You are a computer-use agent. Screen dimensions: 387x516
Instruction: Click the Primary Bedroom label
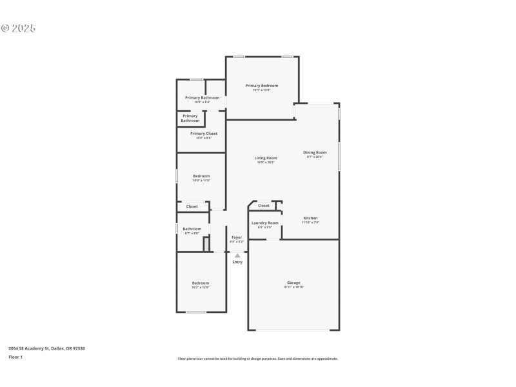261,86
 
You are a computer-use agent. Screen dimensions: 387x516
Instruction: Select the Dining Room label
315,153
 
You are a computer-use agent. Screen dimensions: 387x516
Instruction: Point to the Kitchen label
310,218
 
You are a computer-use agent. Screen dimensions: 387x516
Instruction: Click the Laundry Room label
264,223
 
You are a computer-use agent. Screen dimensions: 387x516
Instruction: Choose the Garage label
293,283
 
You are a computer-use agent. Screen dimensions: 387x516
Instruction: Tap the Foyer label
237,237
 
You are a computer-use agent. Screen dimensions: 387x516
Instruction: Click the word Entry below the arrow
237,262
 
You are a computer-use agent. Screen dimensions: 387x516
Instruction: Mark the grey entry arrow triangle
237,255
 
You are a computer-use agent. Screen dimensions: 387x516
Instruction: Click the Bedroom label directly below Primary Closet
201,176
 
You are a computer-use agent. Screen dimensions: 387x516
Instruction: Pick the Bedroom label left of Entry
200,283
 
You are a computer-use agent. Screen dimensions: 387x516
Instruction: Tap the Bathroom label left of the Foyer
192,229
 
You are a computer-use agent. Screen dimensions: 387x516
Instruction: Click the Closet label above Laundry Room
264,206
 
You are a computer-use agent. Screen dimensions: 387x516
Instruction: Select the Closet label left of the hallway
192,206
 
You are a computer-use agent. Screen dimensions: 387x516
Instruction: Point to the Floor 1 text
15,357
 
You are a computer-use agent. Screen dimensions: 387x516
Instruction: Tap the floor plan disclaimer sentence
258,359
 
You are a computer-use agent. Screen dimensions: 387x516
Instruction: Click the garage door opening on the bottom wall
293,330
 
